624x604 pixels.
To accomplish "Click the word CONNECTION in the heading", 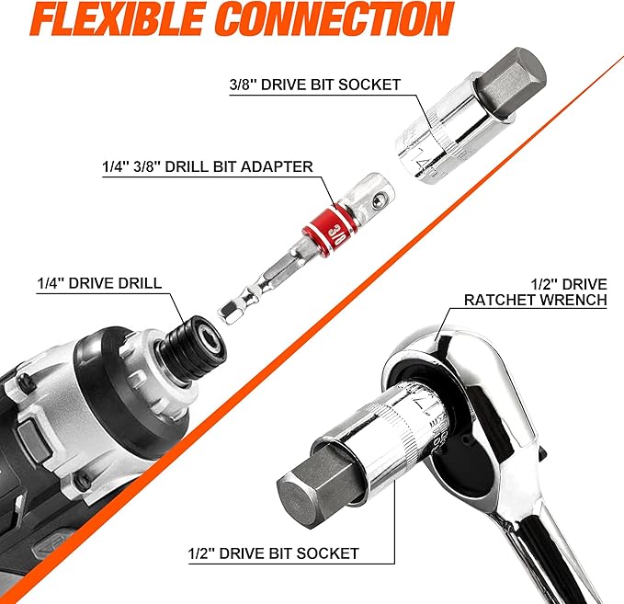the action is click(x=336, y=18).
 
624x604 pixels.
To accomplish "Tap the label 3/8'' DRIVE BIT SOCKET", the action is click(x=315, y=85).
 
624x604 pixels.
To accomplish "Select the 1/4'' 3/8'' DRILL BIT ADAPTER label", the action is click(x=208, y=166).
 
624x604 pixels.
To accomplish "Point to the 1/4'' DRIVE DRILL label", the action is click(x=99, y=283).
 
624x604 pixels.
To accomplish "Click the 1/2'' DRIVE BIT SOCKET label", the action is click(x=274, y=553).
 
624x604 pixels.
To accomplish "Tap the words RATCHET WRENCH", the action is click(x=536, y=300).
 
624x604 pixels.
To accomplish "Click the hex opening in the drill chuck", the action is click(x=207, y=335).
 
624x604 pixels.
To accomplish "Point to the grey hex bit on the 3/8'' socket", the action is click(x=511, y=83).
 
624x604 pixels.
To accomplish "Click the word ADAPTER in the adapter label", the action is click(x=277, y=166).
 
